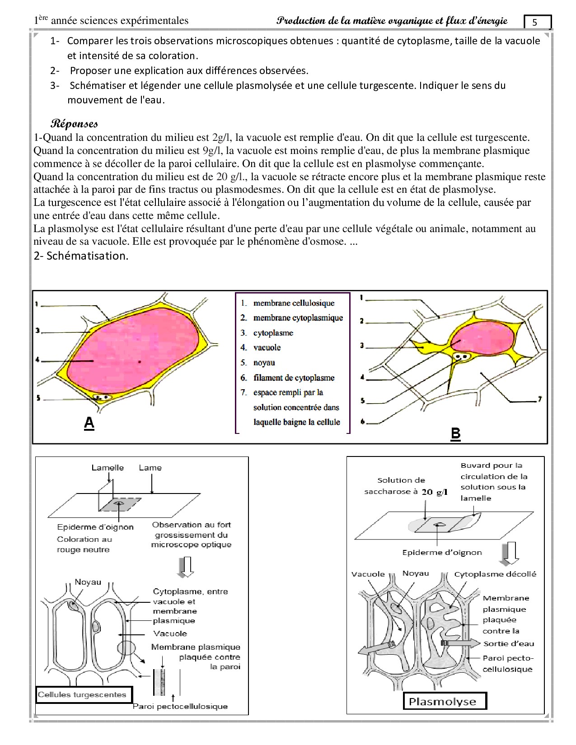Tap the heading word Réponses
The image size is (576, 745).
click(74, 123)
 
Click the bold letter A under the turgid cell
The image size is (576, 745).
click(89, 423)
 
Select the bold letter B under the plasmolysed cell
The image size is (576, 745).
click(455, 433)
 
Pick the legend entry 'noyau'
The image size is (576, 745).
click(264, 363)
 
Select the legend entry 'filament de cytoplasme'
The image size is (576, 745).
click(294, 377)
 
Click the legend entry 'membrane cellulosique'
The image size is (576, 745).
click(294, 303)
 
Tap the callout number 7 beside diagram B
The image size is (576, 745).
click(539, 399)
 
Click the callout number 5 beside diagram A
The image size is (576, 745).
click(38, 398)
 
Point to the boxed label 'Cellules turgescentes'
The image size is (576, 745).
click(82, 694)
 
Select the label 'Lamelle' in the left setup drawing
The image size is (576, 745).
click(108, 468)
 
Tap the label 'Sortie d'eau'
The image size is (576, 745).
click(509, 643)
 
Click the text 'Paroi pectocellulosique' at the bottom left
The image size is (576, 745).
click(180, 706)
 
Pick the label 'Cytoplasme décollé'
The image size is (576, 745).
click(495, 574)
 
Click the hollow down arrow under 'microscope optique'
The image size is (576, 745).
click(186, 567)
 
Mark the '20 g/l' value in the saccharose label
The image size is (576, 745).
click(435, 492)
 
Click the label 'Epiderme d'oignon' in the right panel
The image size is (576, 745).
click(442, 552)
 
